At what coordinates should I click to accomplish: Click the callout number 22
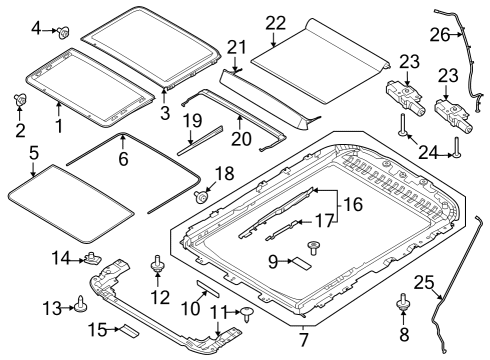pos(275,22)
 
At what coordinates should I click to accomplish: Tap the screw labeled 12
pos(157,265)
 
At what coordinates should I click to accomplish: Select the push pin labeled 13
pos(78,304)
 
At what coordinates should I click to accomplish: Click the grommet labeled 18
pos(204,198)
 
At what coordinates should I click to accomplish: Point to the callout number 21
pos(236,48)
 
